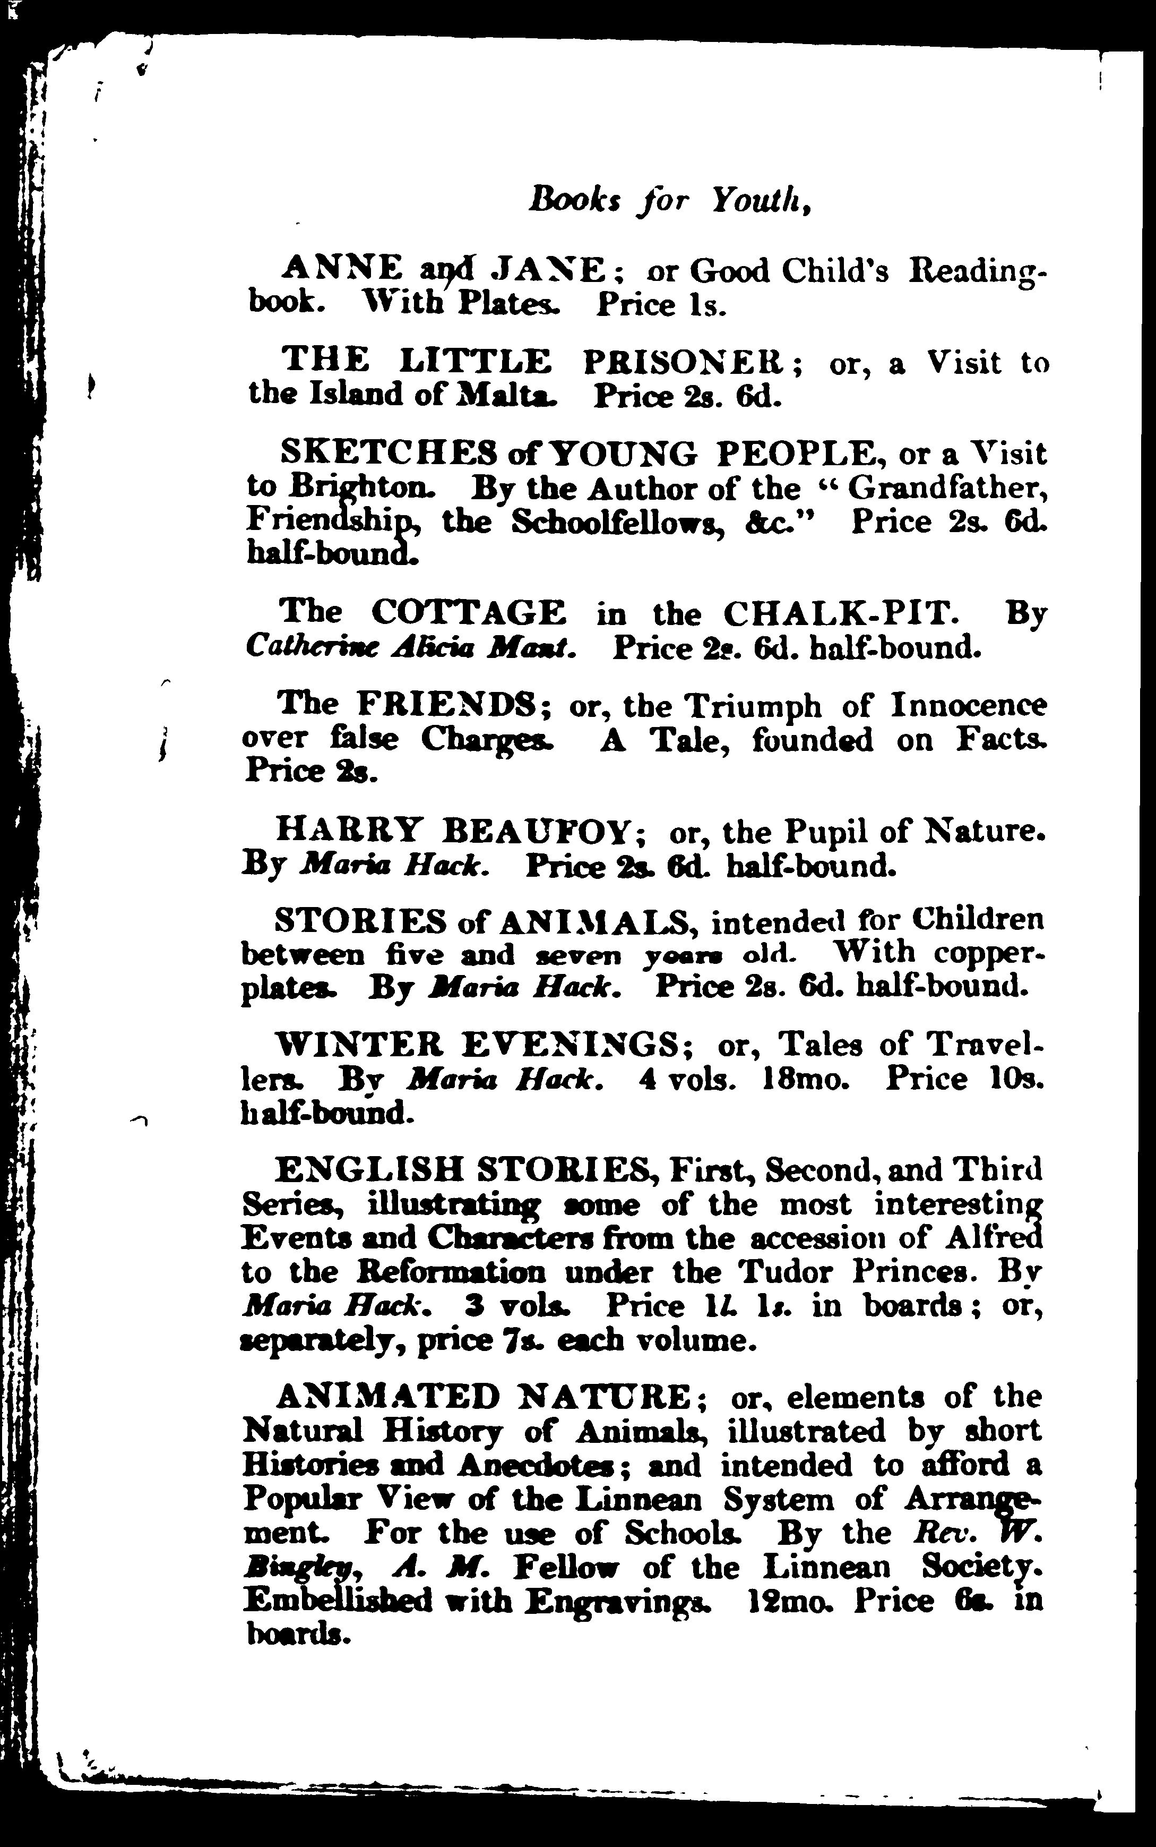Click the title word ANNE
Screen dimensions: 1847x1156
(x=342, y=269)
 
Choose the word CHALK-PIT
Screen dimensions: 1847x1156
(x=839, y=613)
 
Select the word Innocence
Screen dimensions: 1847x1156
(x=969, y=704)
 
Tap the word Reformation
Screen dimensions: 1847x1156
(x=452, y=1272)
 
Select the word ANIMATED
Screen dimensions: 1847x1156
(x=387, y=1397)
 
